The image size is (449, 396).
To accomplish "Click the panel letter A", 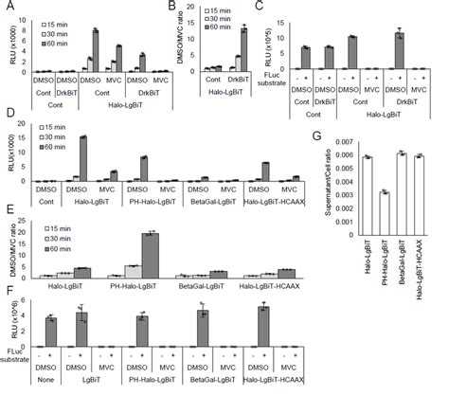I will click(8, 9).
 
